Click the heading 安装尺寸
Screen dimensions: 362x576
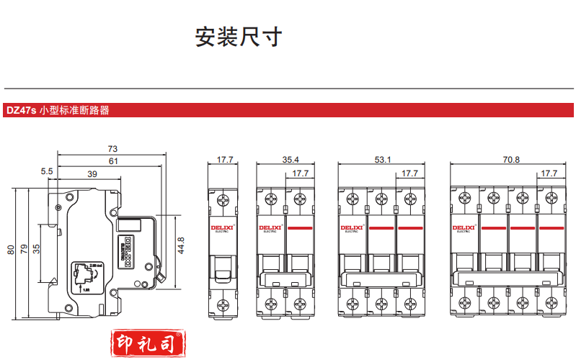pos(239,37)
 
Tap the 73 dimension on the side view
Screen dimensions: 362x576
pos(112,148)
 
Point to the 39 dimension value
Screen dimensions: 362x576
pos(92,174)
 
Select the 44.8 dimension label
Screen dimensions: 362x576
pos(182,245)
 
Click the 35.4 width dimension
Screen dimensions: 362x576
pos(291,160)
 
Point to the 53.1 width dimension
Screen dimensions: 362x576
pos(382,160)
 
